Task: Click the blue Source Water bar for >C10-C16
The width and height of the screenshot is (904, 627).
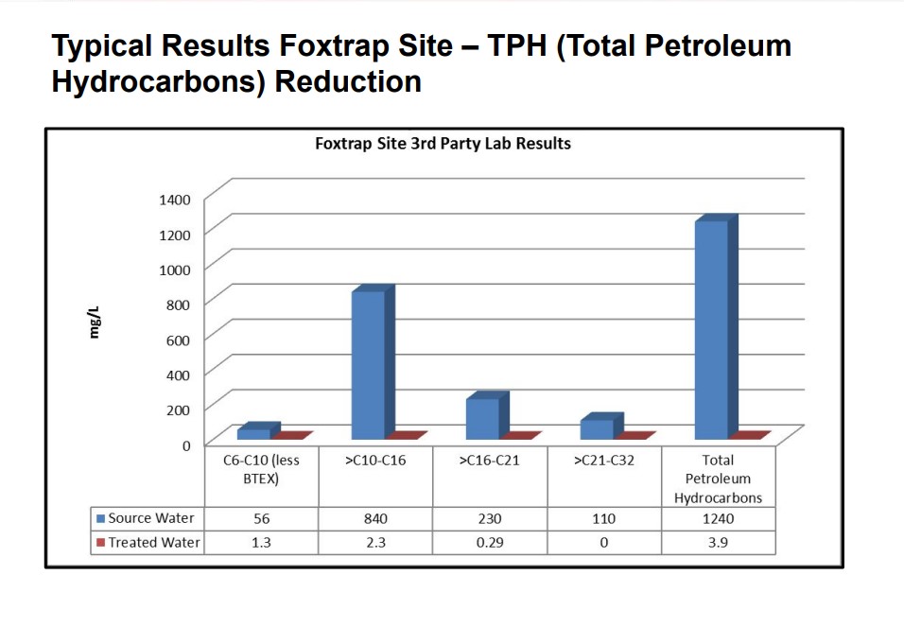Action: pyautogui.click(x=368, y=365)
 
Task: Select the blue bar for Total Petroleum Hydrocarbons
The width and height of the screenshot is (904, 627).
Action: pyautogui.click(x=711, y=329)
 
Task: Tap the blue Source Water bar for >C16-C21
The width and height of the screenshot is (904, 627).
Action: pyautogui.click(x=482, y=419)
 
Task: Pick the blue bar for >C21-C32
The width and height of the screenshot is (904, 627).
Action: pyautogui.click(x=597, y=429)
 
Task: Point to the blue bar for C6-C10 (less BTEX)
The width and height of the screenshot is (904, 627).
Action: pyautogui.click(x=253, y=434)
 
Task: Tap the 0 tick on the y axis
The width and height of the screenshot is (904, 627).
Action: pyautogui.click(x=185, y=444)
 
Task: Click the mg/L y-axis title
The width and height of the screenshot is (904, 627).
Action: pyautogui.click(x=96, y=322)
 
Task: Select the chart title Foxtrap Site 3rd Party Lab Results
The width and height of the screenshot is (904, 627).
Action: pyautogui.click(x=443, y=144)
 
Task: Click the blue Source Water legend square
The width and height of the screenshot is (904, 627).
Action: pyautogui.click(x=100, y=518)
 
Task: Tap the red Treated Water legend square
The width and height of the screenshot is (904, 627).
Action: pyautogui.click(x=100, y=543)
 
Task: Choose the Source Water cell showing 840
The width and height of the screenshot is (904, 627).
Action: pyautogui.click(x=375, y=518)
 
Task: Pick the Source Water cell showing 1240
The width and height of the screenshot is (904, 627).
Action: pyautogui.click(x=719, y=518)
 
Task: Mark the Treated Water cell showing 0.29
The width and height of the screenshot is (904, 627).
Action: pyautogui.click(x=490, y=543)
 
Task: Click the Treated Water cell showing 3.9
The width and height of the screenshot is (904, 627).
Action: pyautogui.click(x=719, y=543)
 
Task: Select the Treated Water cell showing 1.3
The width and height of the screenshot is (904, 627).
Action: pyautogui.click(x=262, y=543)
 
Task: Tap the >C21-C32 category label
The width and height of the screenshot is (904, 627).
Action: pyautogui.click(x=603, y=462)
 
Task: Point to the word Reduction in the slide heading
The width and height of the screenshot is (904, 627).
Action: pyautogui.click(x=348, y=82)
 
